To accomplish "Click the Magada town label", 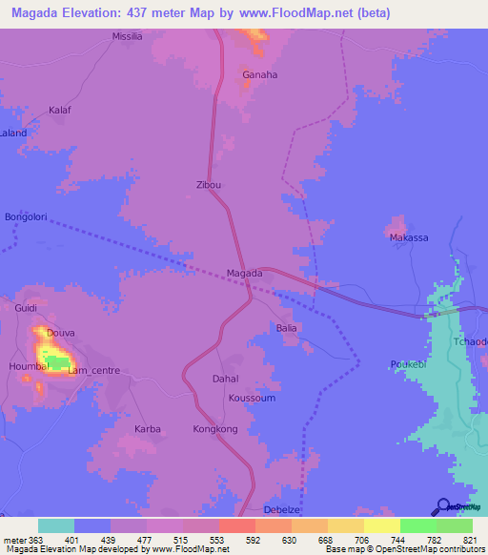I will (244, 274).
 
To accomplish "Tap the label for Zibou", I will (208, 185).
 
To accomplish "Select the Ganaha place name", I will (260, 74).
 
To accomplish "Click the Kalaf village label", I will (60, 111).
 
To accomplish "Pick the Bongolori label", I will (26, 217).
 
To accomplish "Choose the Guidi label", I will (25, 308).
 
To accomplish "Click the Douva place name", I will (60, 333).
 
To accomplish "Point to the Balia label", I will (287, 328).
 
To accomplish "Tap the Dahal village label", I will (224, 379).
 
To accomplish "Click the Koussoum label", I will (252, 398).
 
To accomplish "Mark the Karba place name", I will (147, 429).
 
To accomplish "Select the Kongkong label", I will (214, 429).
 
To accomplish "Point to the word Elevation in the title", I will (97, 12).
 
